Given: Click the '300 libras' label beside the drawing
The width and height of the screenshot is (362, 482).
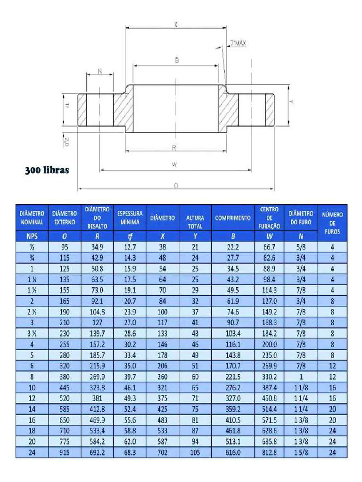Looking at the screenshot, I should click(47, 170).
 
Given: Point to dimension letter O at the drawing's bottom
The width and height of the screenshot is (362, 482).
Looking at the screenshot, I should click(176, 186).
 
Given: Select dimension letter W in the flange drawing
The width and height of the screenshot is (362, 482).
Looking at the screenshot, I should click(174, 165).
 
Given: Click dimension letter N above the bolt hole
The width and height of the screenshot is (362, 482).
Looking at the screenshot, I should click(99, 71).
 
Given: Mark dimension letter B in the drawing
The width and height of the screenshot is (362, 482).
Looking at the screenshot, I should click(177, 60).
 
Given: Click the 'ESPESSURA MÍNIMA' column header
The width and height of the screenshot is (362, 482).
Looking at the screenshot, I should click(130, 217).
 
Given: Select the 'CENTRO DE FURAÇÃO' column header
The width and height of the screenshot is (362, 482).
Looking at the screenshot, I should click(269, 217).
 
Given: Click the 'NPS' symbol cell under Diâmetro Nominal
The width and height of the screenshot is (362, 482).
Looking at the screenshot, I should click(32, 237).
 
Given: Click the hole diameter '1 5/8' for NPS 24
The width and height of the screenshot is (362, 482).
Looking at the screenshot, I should click(301, 452).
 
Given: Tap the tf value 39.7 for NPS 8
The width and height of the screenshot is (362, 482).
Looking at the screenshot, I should click(130, 377).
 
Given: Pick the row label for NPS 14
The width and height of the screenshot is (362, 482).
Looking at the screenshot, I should click(32, 409).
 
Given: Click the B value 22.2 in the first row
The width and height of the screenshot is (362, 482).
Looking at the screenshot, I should click(233, 247).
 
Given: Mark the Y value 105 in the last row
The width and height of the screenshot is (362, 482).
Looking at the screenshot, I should click(195, 452).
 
